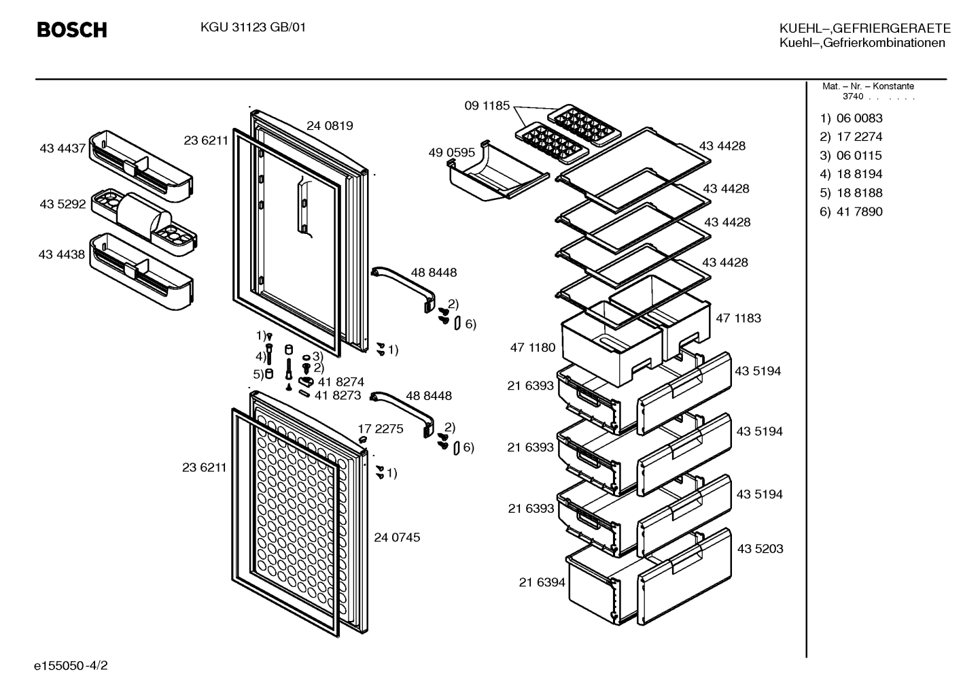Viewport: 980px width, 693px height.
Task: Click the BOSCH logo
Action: [72, 30]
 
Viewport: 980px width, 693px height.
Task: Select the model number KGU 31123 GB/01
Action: [253, 27]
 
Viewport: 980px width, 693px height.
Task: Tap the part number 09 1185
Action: [487, 105]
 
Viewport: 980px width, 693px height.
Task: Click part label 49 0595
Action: [451, 152]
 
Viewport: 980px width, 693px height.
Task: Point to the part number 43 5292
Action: [63, 204]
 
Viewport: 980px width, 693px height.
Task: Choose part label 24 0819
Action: [330, 126]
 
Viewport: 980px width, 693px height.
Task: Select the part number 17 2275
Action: [381, 428]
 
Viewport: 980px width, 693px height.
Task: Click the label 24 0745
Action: [397, 537]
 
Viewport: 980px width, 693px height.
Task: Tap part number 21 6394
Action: [542, 582]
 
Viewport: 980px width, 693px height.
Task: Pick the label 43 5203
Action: [760, 549]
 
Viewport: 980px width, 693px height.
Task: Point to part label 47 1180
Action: [532, 348]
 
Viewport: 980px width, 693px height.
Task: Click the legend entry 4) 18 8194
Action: [851, 174]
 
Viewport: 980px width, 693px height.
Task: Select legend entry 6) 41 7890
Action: [851, 212]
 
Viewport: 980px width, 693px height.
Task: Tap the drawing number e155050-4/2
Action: [71, 665]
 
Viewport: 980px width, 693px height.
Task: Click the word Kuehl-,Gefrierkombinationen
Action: [862, 43]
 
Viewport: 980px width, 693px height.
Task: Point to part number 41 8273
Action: [338, 395]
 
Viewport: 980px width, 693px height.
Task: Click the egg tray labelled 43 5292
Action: [144, 222]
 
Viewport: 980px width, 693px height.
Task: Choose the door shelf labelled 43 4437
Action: [141, 166]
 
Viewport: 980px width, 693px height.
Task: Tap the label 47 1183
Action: [739, 318]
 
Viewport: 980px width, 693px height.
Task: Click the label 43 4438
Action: [62, 254]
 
